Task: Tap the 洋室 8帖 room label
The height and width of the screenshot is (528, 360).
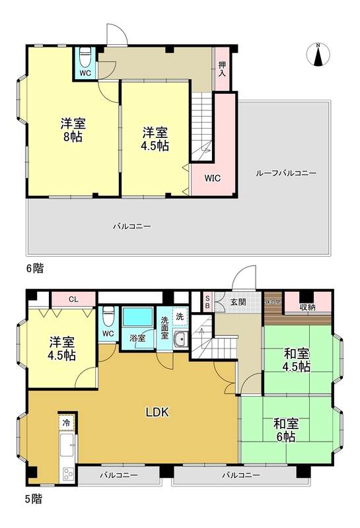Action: (73, 130)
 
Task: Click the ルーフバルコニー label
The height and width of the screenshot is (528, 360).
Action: (286, 173)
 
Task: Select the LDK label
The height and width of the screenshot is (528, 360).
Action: (158, 412)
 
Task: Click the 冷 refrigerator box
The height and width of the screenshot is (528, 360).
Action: (66, 421)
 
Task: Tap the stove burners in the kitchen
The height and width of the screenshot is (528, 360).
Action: (69, 474)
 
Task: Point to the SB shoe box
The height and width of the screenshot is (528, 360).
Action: (207, 302)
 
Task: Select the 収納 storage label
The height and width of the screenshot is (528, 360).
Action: (308, 307)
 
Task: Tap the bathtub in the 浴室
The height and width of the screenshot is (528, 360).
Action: (138, 318)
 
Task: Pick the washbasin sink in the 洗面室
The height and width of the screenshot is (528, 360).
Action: (179, 340)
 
